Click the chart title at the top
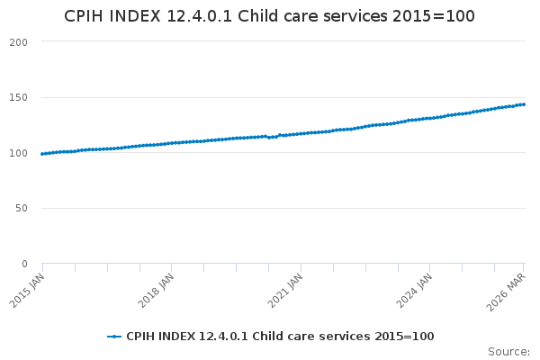[x=269, y=16]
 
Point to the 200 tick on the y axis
[x=18, y=42]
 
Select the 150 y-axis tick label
[x=18, y=98]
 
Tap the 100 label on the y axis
[x=18, y=153]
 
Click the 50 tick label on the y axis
[x=22, y=209]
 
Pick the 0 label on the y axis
[x=24, y=264]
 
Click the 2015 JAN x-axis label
[x=27, y=290]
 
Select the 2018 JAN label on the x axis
[x=156, y=290]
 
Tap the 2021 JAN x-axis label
[x=284, y=290]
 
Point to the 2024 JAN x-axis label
[x=414, y=290]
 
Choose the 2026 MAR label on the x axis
[x=506, y=292]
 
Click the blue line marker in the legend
[x=114, y=337]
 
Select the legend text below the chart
[x=280, y=337]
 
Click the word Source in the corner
[x=508, y=352]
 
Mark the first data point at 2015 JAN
[x=42, y=154]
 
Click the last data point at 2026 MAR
[x=524, y=104]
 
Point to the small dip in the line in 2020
[x=269, y=138]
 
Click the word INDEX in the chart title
[x=135, y=16]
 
